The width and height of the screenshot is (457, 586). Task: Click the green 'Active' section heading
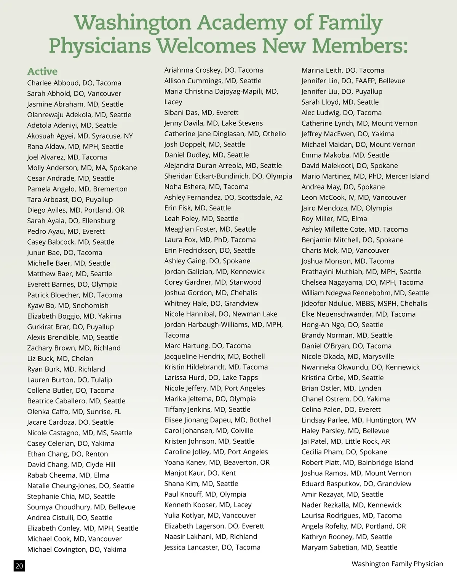pos(42,72)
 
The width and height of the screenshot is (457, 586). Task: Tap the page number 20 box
pos(19,566)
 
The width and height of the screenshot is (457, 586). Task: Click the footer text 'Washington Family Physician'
pos(397,564)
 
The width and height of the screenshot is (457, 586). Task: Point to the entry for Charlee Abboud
pos(74,83)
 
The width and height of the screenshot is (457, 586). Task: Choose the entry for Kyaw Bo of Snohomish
pos(68,306)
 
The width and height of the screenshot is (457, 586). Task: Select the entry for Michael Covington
pos(77,549)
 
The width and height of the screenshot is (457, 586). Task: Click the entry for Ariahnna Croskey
pos(214,70)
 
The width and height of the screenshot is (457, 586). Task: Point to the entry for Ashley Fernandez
pos(223,197)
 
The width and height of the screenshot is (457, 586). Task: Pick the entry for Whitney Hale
pos(211,303)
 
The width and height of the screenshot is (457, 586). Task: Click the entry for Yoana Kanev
pos(217,462)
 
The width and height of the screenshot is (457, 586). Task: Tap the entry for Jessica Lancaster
pos(212,547)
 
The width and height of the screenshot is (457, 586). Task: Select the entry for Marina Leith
pos(342,70)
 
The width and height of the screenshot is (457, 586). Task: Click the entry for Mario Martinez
pos(365,176)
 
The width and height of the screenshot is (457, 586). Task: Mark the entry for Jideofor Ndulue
pos(364,304)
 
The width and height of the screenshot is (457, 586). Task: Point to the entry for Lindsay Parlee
pos(359,420)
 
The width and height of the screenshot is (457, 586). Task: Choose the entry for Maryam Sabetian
pos(349,547)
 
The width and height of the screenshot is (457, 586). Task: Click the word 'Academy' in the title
pos(242,23)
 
